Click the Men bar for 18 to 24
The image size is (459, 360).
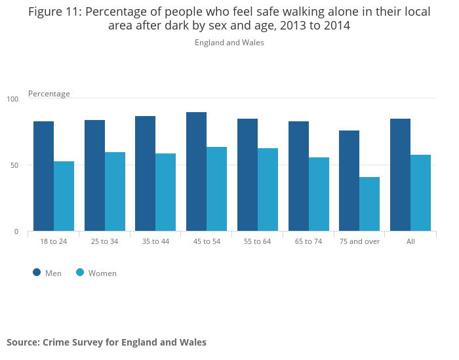click(x=43, y=176)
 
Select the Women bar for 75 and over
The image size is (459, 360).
click(x=369, y=204)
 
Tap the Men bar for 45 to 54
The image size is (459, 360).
click(x=196, y=171)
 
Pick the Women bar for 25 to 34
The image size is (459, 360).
click(x=115, y=191)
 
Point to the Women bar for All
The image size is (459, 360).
click(x=420, y=193)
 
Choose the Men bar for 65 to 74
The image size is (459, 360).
click(x=298, y=176)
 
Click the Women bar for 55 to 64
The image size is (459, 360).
click(x=268, y=190)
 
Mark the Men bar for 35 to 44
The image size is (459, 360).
click(x=146, y=173)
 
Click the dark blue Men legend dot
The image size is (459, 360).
click(x=37, y=273)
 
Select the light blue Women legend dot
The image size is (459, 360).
click(x=80, y=273)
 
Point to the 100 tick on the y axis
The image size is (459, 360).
click(x=13, y=99)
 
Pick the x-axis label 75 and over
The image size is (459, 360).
click(x=359, y=241)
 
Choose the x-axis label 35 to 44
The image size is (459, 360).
click(x=155, y=241)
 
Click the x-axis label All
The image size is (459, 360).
click(x=410, y=241)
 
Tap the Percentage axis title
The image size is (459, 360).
click(x=49, y=94)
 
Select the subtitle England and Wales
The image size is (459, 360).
click(x=229, y=43)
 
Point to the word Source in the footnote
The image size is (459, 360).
click(x=22, y=342)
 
